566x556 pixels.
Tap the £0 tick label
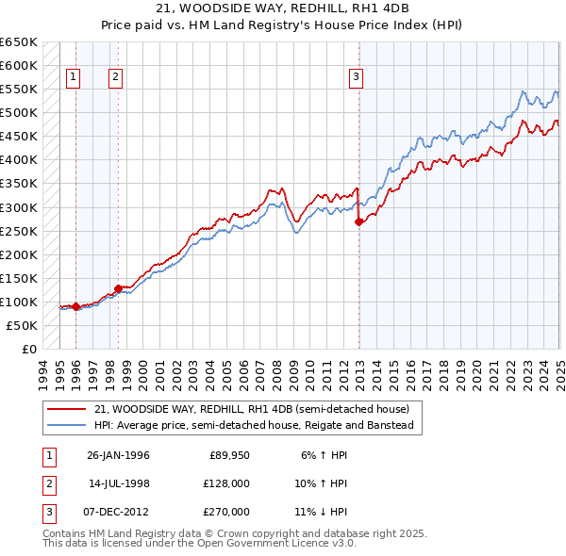coord(29,349)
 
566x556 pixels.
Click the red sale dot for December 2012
coord(358,222)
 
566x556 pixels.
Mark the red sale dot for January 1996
coord(75,306)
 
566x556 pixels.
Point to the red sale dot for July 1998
coord(118,288)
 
